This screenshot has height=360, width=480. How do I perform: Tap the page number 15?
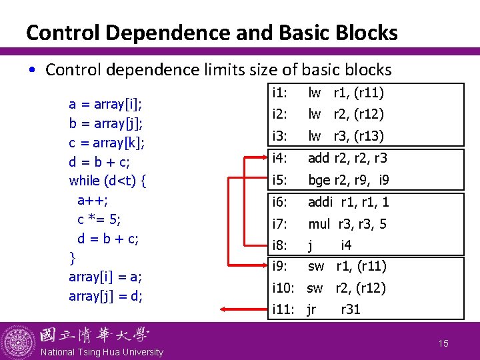pyautogui.click(x=444, y=343)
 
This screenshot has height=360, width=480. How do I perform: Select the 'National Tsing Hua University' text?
pyautogui.click(x=101, y=352)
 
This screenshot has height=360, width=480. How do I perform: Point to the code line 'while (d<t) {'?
pyautogui.click(x=108, y=181)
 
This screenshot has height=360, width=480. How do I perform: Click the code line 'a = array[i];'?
pyautogui.click(x=105, y=104)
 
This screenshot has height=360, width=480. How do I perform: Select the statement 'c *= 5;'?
pyautogui.click(x=99, y=219)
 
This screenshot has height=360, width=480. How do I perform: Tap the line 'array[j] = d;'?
pyautogui.click(x=105, y=295)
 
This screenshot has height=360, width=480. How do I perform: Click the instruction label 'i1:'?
pyautogui.click(x=280, y=93)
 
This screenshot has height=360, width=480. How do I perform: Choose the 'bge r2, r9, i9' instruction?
pyautogui.click(x=348, y=180)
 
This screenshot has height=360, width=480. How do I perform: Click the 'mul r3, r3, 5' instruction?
pyautogui.click(x=347, y=224)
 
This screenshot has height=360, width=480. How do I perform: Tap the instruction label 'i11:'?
pyautogui.click(x=284, y=309)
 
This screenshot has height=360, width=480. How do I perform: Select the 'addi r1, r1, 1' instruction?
pyautogui.click(x=348, y=202)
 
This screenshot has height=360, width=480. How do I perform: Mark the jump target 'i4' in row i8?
pyautogui.click(x=346, y=245)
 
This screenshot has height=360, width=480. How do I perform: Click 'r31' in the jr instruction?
pyautogui.click(x=351, y=309)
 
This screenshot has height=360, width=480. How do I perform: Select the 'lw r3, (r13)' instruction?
pyautogui.click(x=345, y=136)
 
